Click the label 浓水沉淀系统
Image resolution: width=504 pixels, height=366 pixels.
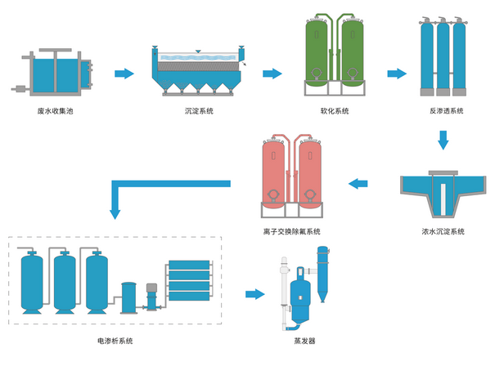click(x=437, y=232)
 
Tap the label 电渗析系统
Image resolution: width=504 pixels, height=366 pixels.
click(x=115, y=341)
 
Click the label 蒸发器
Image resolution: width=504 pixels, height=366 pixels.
click(x=306, y=341)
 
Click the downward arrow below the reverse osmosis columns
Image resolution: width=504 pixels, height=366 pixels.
click(x=443, y=141)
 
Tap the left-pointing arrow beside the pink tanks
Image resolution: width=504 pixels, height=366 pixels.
click(x=358, y=183)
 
